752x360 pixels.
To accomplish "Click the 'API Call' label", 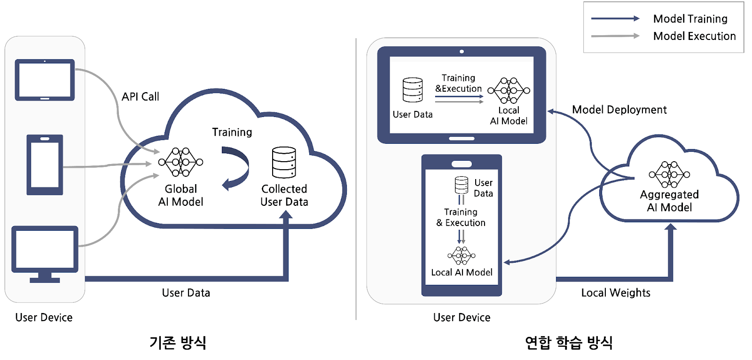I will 140,97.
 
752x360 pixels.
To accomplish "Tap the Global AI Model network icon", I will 181,162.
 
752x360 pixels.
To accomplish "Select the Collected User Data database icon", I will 284,163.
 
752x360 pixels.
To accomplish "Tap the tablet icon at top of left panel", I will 45,80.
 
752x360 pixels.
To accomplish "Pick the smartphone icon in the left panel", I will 45,164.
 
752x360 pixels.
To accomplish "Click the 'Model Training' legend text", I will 690,19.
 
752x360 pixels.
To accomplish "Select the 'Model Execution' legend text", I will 694,36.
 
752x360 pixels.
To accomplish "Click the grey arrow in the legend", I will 615,36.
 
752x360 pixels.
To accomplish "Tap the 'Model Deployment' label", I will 619,110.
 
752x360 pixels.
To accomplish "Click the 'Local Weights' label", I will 616,293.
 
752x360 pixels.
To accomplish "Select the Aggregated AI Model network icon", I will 669,174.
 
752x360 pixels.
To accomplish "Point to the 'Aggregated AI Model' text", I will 669,201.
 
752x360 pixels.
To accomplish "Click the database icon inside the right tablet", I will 413,90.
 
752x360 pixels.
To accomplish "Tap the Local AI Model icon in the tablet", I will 509,91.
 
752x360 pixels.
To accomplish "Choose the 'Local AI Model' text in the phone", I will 462,273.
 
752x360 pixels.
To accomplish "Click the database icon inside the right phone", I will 462,185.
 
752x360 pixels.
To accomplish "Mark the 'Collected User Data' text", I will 284,196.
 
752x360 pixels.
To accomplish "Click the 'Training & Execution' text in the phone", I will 461,218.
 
